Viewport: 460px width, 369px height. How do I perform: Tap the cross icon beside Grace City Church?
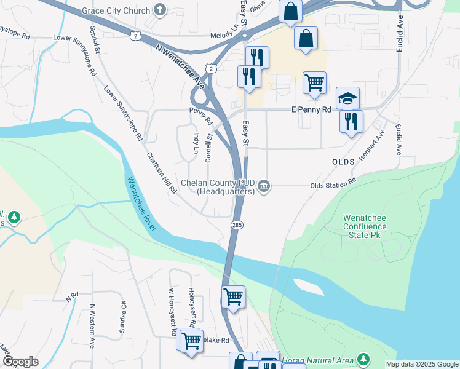(160, 10)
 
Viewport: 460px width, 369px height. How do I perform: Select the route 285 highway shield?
(237, 226)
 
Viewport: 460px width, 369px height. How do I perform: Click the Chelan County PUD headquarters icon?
(264, 186)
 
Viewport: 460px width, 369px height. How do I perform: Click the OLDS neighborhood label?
(343, 161)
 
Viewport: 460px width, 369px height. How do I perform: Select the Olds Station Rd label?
(333, 183)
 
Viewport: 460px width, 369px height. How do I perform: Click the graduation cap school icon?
(347, 98)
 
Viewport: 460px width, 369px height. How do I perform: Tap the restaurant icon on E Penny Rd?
(351, 120)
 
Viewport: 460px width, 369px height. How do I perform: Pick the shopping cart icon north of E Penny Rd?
(314, 81)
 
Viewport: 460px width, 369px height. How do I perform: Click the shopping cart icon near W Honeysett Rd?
(191, 339)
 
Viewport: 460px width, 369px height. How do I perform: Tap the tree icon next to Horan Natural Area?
(363, 358)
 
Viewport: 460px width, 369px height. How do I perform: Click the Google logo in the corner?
(20, 362)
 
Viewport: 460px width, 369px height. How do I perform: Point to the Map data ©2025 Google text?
(421, 364)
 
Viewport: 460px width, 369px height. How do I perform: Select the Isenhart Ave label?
(381, 143)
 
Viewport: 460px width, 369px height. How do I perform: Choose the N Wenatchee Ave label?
(180, 64)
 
